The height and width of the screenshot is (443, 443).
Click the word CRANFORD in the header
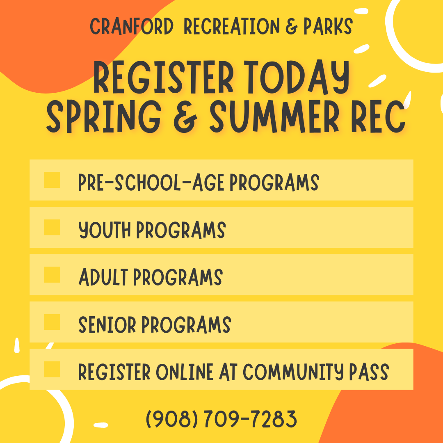pos(132,26)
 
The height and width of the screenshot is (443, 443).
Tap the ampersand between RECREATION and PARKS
pos(292,27)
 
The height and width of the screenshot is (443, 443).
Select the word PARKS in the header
pos(328,26)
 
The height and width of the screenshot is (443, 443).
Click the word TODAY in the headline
pos(297,77)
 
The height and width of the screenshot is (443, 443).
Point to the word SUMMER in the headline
pos(274,116)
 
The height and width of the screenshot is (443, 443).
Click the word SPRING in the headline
pos(104,116)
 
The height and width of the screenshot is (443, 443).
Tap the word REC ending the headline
pos(378,116)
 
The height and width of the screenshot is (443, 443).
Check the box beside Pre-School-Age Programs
pos(52,180)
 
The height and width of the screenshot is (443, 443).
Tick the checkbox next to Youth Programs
pos(52,227)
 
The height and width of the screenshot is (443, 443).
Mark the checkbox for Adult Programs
pos(52,274)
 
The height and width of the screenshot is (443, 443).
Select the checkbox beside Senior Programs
pos(52,322)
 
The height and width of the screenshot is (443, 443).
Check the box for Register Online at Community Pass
pos(52,369)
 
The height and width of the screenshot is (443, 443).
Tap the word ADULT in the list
pos(103,277)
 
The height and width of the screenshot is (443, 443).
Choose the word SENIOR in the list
pos(107,324)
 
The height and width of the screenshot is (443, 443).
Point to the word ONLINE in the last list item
pos(185,372)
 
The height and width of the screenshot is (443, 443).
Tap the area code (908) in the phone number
pos(172,419)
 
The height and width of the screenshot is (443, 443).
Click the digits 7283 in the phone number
pos(274,419)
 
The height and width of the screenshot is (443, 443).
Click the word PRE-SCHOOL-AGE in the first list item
pos(151,182)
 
